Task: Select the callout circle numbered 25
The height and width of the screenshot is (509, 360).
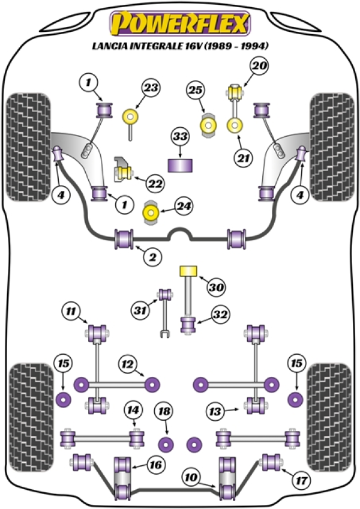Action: pyautogui.click(x=196, y=91)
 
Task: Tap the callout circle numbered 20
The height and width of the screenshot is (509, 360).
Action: pyautogui.click(x=260, y=66)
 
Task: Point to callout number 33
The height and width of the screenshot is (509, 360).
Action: pyautogui.click(x=179, y=137)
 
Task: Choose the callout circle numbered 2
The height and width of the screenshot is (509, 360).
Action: pyautogui.click(x=152, y=258)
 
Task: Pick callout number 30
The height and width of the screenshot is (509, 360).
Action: pyautogui.click(x=216, y=288)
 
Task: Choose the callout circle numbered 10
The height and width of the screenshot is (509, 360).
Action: pyautogui.click(x=191, y=478)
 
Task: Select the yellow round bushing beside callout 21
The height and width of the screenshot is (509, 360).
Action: pyautogui.click(x=235, y=126)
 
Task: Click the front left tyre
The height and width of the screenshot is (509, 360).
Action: pyautogui.click(x=27, y=146)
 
